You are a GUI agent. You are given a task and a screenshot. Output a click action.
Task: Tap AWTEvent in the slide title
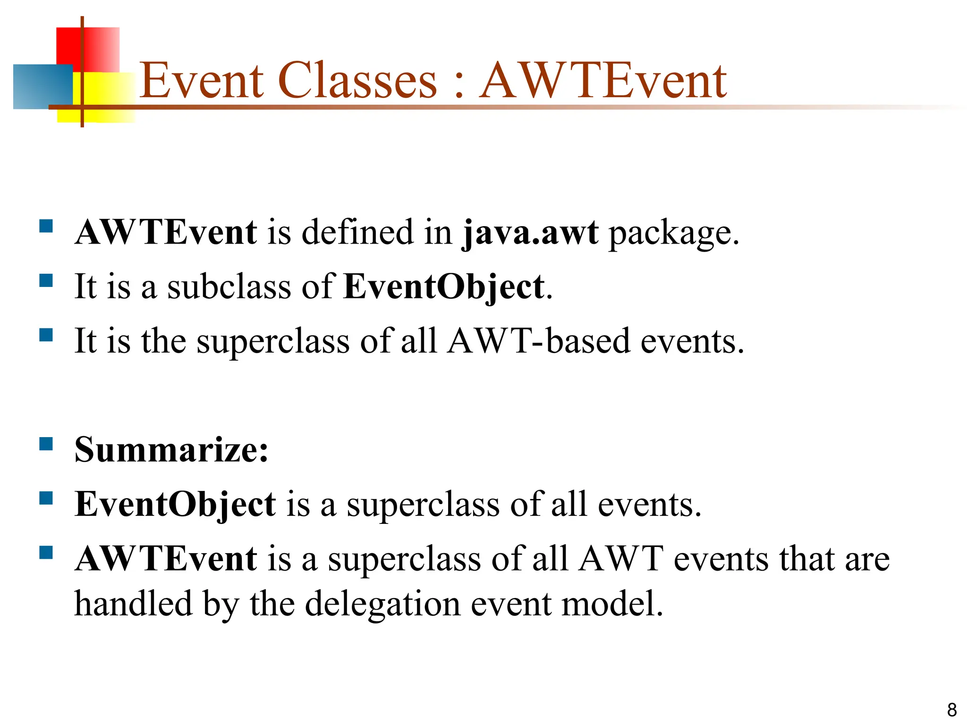[602, 81]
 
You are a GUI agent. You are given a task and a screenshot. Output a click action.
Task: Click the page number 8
[951, 709]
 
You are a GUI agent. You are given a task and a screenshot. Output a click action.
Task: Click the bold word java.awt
[530, 233]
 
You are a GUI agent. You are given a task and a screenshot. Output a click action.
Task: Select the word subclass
[229, 287]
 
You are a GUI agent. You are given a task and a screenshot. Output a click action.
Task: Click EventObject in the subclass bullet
[444, 287]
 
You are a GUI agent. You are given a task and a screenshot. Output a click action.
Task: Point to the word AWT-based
[538, 341]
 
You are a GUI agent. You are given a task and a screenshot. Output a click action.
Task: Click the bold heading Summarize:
[171, 450]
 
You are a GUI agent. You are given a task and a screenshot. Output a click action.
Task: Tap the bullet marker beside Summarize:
[46, 444]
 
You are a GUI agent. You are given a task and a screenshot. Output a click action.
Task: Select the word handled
[133, 604]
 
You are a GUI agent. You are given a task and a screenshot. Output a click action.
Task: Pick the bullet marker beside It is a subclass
[46, 281]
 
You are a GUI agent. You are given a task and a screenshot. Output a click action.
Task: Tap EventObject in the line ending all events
[175, 504]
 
